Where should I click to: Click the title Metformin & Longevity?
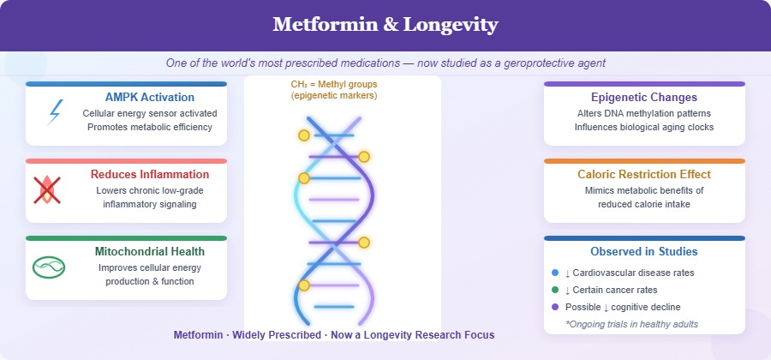[x=385, y=25]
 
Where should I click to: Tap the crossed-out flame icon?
[x=47, y=189]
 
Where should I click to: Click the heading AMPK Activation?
[x=150, y=97]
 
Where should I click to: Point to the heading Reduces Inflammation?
[x=150, y=174]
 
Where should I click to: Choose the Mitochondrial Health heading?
[x=150, y=251]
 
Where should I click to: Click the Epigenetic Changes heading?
[x=644, y=97]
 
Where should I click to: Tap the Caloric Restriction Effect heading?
[x=644, y=174]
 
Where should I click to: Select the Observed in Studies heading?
[x=644, y=251]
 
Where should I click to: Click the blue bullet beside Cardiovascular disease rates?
[x=555, y=273]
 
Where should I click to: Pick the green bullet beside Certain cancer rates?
[x=555, y=290]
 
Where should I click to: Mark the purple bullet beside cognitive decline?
[x=555, y=307]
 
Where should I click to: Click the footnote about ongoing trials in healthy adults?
[x=644, y=323]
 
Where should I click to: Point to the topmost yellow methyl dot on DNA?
[x=303, y=135]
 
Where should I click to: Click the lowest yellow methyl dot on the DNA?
[x=303, y=285]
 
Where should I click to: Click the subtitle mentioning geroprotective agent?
[x=385, y=63]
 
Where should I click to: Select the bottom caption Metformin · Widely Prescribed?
[x=334, y=334]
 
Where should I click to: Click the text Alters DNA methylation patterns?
[x=644, y=113]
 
